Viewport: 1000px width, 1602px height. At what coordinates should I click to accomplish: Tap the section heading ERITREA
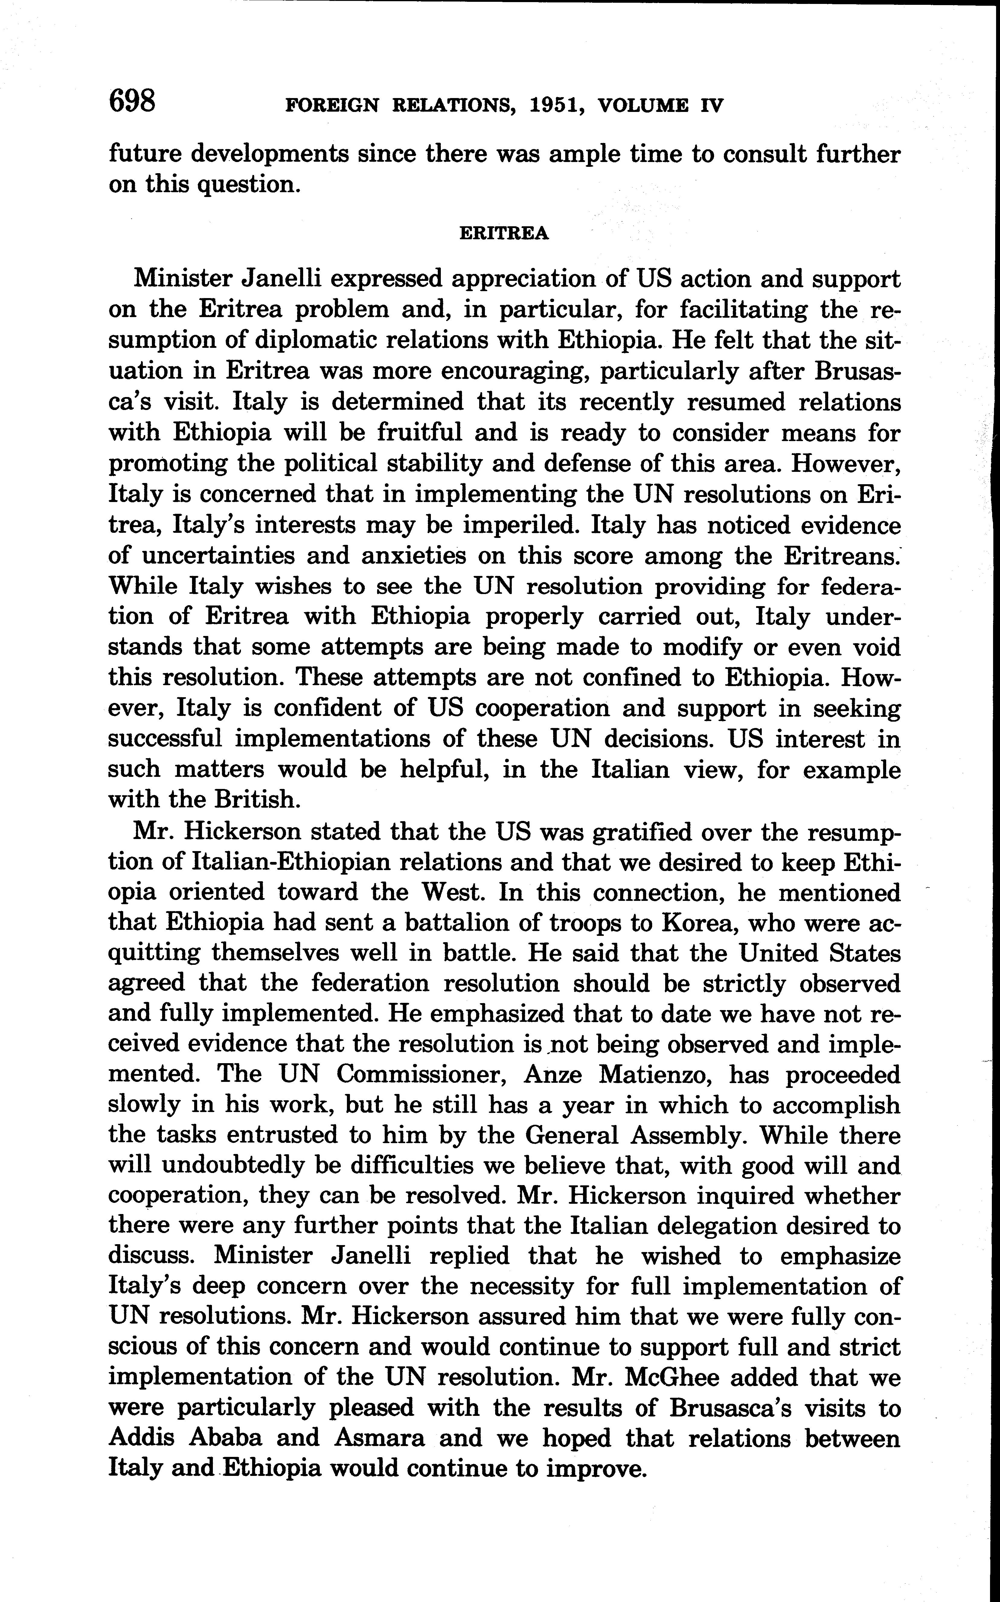pyautogui.click(x=504, y=234)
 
